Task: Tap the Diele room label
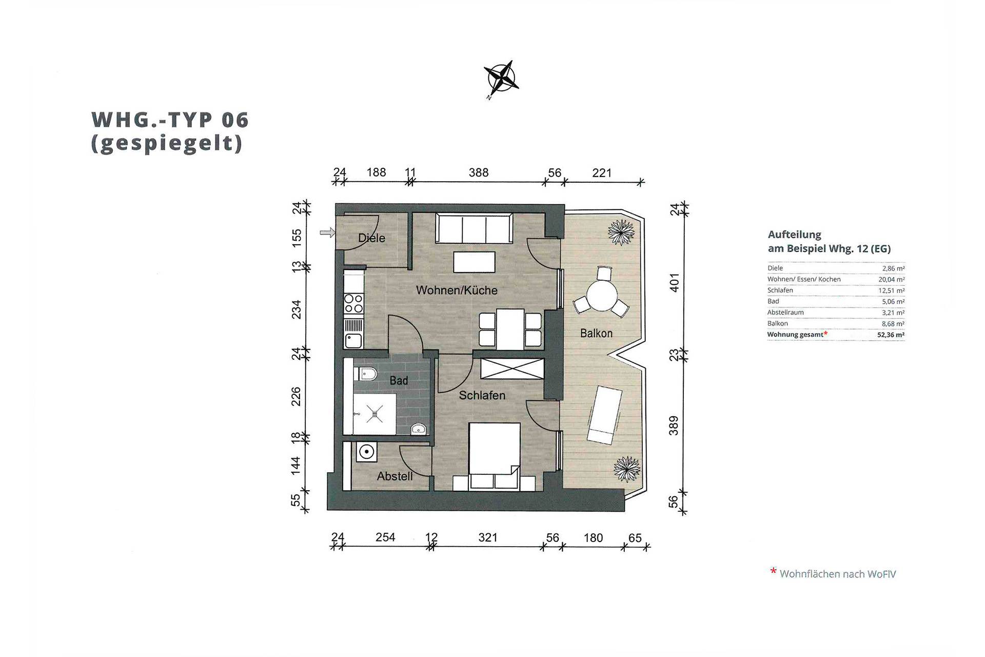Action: point(371,238)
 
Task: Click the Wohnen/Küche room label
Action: point(457,291)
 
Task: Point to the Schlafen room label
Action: point(482,395)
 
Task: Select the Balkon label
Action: point(596,333)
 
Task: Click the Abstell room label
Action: point(395,476)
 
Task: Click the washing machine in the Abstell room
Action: point(366,452)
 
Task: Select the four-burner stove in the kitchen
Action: point(353,303)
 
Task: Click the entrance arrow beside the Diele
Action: point(327,233)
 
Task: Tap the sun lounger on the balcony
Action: point(604,415)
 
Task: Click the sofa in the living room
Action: point(474,228)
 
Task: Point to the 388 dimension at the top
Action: point(478,172)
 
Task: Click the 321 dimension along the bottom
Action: point(487,537)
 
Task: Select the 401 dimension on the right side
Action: point(674,282)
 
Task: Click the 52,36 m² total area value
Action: point(891,335)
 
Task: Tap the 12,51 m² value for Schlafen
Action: point(891,291)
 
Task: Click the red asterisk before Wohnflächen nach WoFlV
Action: point(773,571)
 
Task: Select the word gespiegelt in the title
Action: point(166,143)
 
